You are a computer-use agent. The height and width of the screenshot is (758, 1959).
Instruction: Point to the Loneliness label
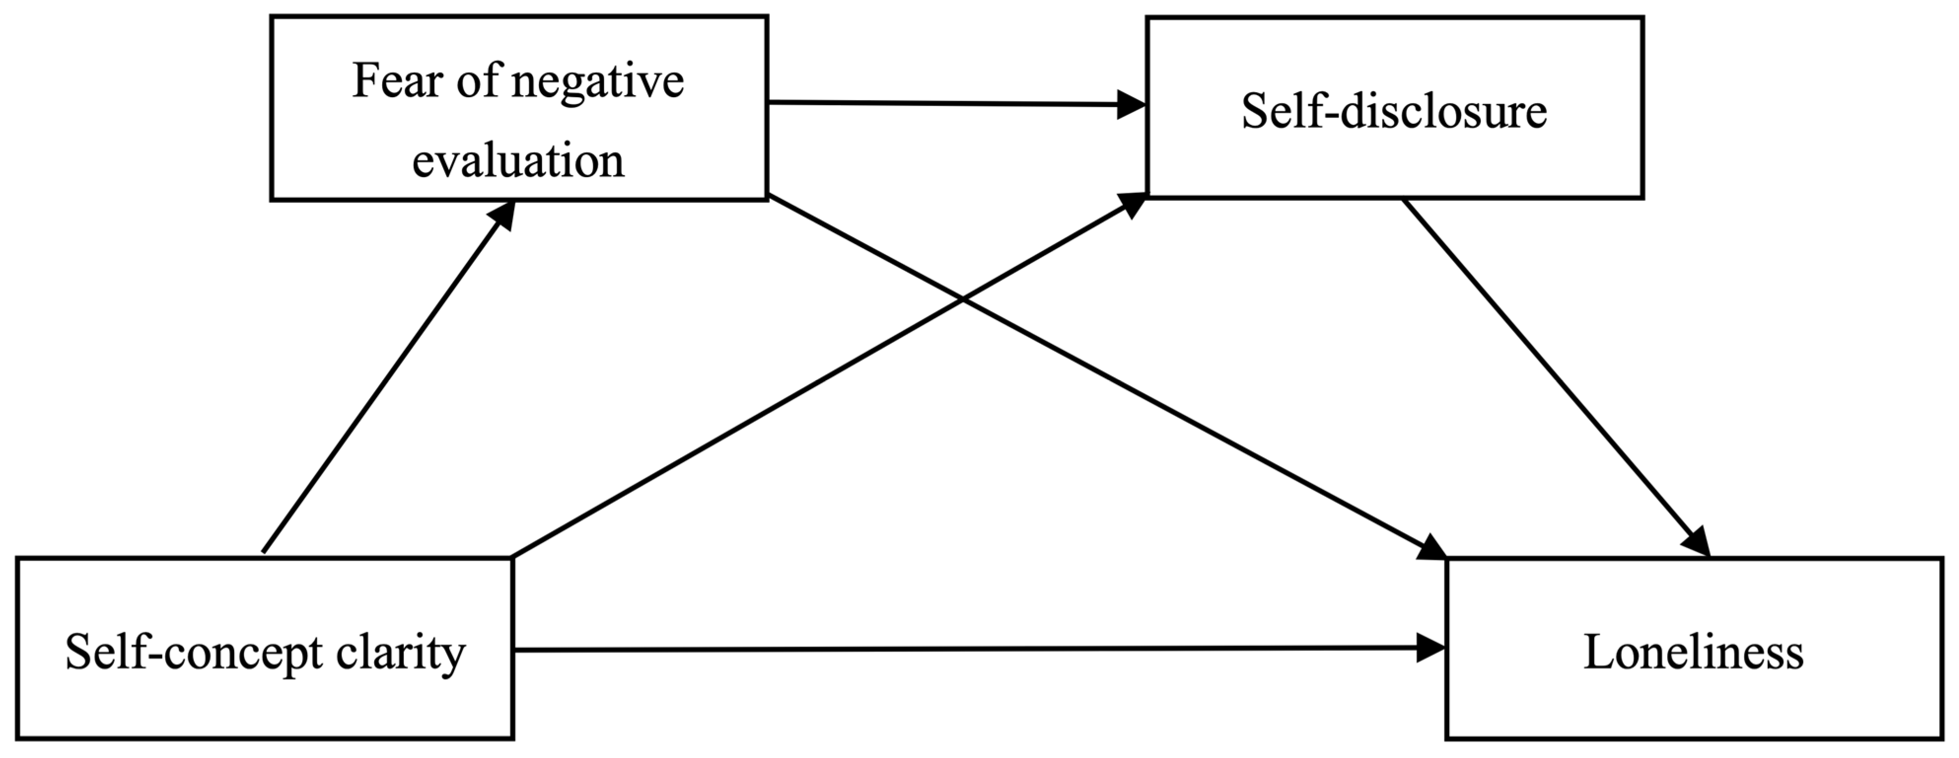tap(1693, 652)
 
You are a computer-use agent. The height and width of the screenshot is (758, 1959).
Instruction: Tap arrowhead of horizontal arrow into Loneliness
tap(1431, 649)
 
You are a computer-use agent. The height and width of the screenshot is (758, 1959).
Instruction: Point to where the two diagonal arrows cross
tap(963, 300)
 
